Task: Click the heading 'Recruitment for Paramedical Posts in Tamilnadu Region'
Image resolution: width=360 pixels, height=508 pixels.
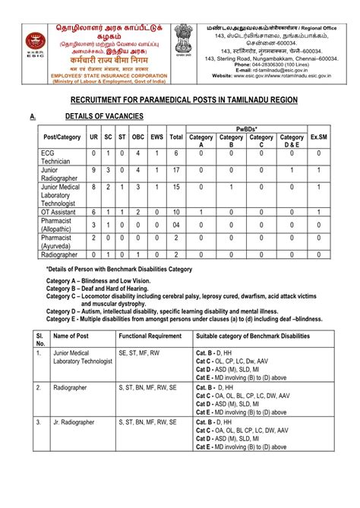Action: (179, 101)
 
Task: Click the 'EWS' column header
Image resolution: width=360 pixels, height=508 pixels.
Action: (157, 137)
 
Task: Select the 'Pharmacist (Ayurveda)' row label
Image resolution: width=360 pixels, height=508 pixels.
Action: (62, 241)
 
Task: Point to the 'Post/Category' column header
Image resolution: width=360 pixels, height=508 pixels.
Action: (62, 137)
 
